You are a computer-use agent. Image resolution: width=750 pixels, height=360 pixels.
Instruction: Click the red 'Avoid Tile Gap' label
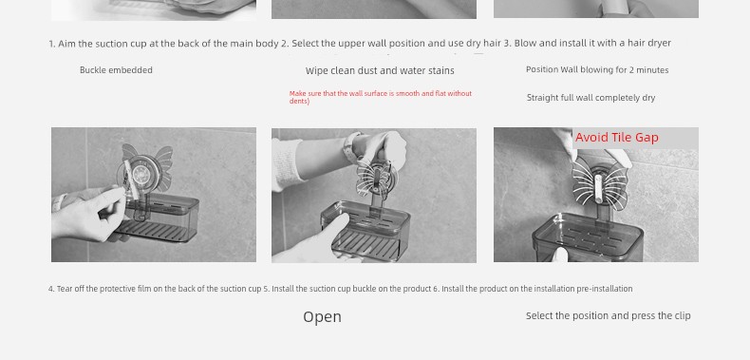pyautogui.click(x=616, y=138)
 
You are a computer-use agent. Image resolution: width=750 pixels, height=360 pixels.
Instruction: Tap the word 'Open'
pyautogui.click(x=323, y=317)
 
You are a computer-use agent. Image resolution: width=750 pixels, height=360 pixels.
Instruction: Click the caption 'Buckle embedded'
pyautogui.click(x=116, y=70)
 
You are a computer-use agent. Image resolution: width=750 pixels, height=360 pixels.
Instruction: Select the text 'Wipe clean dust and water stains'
pyautogui.click(x=380, y=71)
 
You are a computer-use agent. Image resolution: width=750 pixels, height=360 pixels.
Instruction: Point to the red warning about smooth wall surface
pyautogui.click(x=381, y=97)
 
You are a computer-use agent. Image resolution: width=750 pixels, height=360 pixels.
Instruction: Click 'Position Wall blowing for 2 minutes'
pyautogui.click(x=597, y=70)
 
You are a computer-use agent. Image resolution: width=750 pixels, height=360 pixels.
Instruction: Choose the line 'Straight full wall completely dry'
pyautogui.click(x=591, y=98)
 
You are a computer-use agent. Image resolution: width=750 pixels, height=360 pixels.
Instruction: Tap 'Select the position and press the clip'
pyautogui.click(x=608, y=316)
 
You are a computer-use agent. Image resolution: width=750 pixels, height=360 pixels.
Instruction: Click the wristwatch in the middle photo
pyautogui.click(x=353, y=146)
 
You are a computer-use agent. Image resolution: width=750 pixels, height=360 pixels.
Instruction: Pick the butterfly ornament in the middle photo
pyautogui.click(x=376, y=178)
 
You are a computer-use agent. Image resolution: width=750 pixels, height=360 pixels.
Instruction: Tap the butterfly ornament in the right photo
pyautogui.click(x=598, y=184)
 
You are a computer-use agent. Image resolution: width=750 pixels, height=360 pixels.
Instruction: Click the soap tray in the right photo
pyautogui.click(x=588, y=237)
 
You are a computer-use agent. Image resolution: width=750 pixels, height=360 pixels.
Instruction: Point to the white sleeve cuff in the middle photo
pyautogui.click(x=287, y=164)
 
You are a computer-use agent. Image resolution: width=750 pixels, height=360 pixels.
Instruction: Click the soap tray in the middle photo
pyautogui.click(x=366, y=231)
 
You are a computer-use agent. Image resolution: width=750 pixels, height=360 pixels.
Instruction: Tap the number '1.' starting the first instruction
pyautogui.click(x=52, y=44)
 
